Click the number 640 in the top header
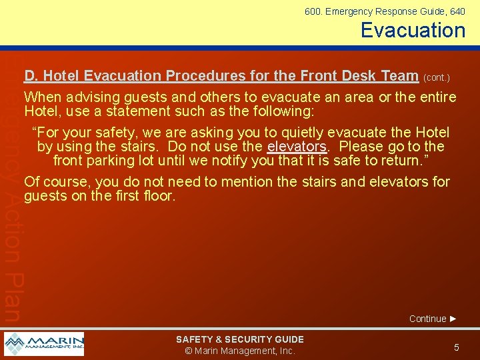[x=457, y=11]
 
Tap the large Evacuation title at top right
[x=413, y=30]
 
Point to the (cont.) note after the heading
[x=437, y=77]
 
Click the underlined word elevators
[x=297, y=147]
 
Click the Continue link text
[x=427, y=319]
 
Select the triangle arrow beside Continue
[x=453, y=319]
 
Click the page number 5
[x=457, y=347]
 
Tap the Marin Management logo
[x=44, y=344]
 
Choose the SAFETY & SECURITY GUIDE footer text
[x=239, y=339]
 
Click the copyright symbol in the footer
[x=189, y=351]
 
